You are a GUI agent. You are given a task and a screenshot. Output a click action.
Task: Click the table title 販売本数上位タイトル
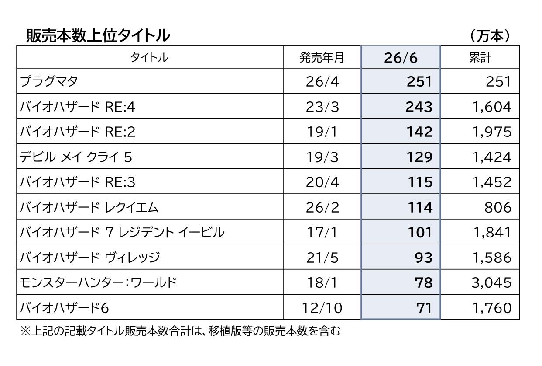(98, 35)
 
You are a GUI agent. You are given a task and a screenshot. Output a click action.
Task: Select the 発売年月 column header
(322, 58)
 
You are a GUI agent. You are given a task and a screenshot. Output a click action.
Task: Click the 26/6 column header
(401, 58)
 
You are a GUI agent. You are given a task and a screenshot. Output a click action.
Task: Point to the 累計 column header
(480, 58)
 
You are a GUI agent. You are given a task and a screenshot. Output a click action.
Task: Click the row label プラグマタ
(48, 81)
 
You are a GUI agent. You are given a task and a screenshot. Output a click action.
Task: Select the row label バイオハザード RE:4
(77, 107)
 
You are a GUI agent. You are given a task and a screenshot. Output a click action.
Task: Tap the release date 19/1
(322, 132)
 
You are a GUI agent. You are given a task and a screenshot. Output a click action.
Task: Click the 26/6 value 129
(419, 157)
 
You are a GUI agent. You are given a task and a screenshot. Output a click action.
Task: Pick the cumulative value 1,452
(492, 182)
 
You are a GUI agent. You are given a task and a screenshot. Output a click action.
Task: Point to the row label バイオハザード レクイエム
(89, 207)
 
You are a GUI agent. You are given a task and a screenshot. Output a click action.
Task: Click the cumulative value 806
(498, 207)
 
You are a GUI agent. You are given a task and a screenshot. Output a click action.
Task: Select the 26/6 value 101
(420, 233)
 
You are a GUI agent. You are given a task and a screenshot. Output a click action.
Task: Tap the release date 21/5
(322, 258)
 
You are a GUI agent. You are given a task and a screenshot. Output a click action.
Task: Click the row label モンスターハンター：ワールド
(98, 282)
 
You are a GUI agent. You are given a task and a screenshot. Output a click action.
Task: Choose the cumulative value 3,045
(491, 282)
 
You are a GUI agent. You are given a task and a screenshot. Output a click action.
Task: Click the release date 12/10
(322, 308)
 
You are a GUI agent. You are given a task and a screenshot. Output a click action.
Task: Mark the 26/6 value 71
(424, 308)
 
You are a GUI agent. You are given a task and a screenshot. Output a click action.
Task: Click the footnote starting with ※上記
(181, 331)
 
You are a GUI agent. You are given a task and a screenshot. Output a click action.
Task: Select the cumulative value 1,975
(492, 132)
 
